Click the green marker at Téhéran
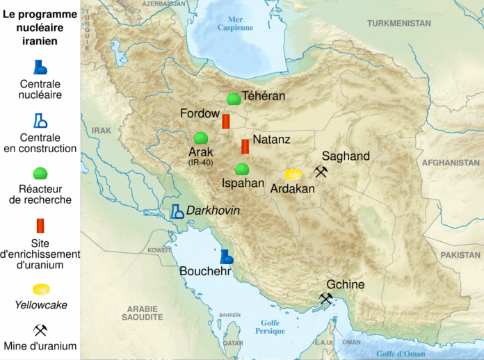point(234,99)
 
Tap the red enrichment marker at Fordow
point(226,122)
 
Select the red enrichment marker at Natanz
point(245,147)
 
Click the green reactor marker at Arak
point(201,138)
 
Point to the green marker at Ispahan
point(242,169)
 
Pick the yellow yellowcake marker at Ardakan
point(293,174)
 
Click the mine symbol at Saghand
point(321,171)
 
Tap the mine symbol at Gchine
point(325,299)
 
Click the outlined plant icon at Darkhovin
point(177,211)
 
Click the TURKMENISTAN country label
point(399,23)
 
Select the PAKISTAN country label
point(460,255)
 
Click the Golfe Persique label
point(271,327)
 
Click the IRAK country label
point(101,130)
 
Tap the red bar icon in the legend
point(40,226)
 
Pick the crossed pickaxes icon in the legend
point(40,329)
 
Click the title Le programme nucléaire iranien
point(40,26)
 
